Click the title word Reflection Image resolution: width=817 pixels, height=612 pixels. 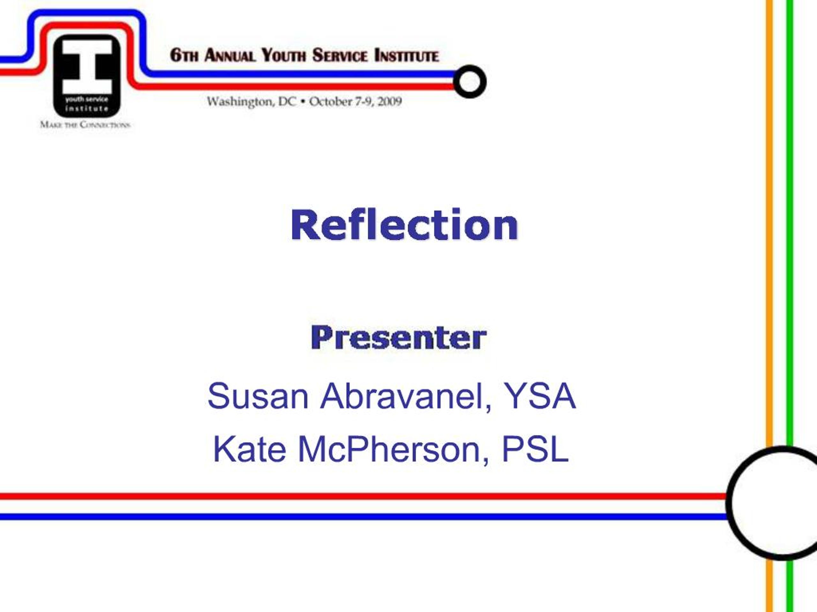(404, 225)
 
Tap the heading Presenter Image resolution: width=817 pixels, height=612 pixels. (399, 338)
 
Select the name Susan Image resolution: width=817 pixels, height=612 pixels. (258, 396)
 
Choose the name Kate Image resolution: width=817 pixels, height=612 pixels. (249, 449)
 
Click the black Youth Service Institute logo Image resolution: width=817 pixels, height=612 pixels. (87, 76)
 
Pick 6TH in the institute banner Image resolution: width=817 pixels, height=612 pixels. (184, 55)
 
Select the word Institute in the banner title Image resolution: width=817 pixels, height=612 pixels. (407, 55)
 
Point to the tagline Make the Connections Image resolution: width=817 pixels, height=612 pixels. (85, 124)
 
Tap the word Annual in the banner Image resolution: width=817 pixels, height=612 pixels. (230, 55)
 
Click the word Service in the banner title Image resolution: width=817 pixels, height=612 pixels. (340, 55)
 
